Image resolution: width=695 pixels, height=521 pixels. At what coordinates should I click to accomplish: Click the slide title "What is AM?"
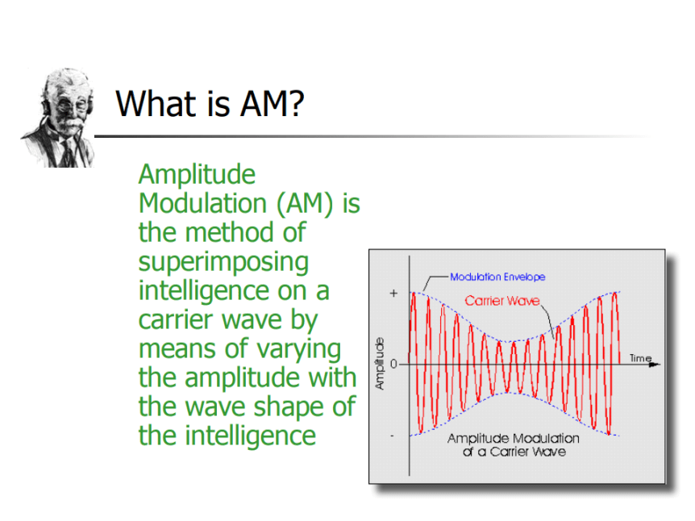(210, 103)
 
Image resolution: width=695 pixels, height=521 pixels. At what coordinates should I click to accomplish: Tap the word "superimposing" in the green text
(223, 262)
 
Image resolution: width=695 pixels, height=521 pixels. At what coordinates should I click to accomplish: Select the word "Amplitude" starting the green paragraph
(197, 175)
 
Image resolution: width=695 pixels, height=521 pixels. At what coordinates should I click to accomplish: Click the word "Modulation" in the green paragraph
(202, 203)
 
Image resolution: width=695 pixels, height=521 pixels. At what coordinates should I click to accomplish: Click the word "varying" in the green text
(299, 350)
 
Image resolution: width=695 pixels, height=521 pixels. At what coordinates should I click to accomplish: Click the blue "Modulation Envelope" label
(497, 277)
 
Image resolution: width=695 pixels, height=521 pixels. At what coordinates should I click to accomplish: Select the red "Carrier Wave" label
(502, 301)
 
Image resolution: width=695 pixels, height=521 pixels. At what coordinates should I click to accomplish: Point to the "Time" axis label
(640, 358)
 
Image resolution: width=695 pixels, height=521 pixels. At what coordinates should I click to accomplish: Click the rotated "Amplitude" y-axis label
(380, 364)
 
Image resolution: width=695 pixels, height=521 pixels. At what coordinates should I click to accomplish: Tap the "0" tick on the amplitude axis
(393, 365)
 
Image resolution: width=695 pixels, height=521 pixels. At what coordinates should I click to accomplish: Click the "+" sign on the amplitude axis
(393, 294)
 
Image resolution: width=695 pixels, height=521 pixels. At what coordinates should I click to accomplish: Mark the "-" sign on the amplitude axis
(392, 436)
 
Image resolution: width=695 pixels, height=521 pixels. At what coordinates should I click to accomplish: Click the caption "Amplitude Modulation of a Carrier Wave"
(514, 445)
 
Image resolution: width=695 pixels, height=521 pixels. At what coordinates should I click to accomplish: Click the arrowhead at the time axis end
(655, 365)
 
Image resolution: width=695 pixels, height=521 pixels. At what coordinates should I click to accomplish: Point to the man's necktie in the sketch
(69, 153)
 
